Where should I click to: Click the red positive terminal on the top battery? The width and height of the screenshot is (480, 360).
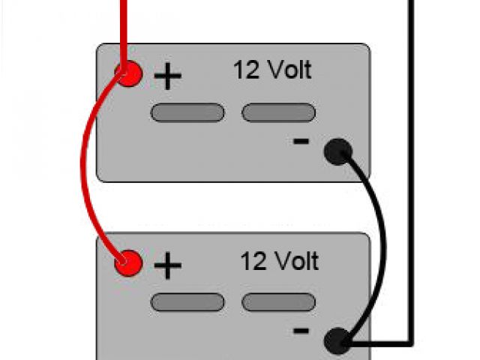[x=128, y=73]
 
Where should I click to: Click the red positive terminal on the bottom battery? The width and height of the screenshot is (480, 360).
[x=128, y=262]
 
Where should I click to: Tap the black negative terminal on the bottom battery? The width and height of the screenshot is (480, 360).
[x=337, y=341]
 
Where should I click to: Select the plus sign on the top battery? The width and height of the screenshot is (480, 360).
[x=169, y=77]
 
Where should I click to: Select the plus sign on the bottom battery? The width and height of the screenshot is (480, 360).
[x=169, y=265]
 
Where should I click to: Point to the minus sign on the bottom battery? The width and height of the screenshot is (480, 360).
[x=301, y=330]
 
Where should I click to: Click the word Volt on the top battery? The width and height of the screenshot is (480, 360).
[x=289, y=70]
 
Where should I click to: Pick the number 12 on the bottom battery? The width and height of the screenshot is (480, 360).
[x=252, y=261]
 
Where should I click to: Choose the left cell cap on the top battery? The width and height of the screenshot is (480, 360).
[x=187, y=113]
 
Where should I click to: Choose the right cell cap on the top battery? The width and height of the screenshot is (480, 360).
[x=278, y=113]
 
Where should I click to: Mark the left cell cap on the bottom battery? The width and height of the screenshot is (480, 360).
[x=187, y=301]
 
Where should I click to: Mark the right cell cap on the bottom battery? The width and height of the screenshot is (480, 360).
[x=278, y=301]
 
